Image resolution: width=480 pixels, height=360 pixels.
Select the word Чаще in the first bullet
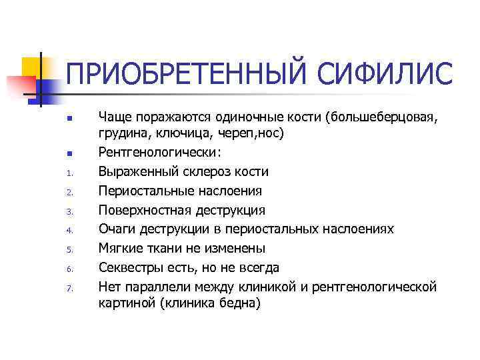(x=115, y=117)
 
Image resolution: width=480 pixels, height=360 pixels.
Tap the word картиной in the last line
(x=125, y=302)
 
